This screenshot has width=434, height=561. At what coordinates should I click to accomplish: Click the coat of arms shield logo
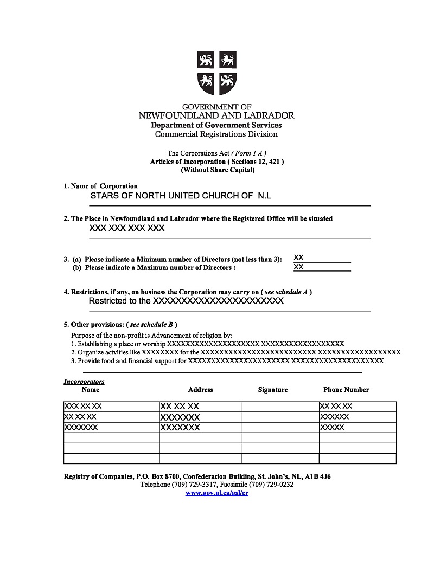pyautogui.click(x=216, y=73)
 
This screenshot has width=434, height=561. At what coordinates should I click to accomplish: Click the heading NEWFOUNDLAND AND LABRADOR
pyautogui.click(x=216, y=115)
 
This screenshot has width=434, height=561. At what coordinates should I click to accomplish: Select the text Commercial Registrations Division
pyautogui.click(x=216, y=134)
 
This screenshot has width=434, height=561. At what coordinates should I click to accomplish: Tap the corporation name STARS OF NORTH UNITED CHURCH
pyautogui.click(x=181, y=196)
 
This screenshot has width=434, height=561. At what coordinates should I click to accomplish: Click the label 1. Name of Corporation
pyautogui.click(x=101, y=186)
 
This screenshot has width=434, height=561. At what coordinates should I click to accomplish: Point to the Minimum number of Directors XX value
pyautogui.click(x=298, y=257)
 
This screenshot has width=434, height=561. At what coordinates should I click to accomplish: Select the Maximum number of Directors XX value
pyautogui.click(x=298, y=267)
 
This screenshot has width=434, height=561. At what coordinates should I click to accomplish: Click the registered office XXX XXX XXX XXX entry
pyautogui.click(x=126, y=229)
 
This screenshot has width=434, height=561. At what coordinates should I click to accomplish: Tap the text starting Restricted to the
pyautogui.click(x=186, y=301)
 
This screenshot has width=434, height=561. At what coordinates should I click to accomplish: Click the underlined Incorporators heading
pyautogui.click(x=84, y=382)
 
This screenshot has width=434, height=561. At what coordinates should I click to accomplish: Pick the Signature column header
pyautogui.click(x=273, y=390)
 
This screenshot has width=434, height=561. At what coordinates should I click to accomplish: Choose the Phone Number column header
pyautogui.click(x=346, y=390)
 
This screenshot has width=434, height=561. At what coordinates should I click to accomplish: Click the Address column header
pyautogui.click(x=200, y=390)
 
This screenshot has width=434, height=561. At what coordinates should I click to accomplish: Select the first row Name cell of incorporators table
pyautogui.click(x=111, y=407)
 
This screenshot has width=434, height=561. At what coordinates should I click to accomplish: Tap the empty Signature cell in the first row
pyautogui.click(x=280, y=407)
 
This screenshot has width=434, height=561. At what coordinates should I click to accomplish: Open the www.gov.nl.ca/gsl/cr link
pyautogui.click(x=216, y=493)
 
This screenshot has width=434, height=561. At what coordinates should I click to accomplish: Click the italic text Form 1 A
pyautogui.click(x=249, y=153)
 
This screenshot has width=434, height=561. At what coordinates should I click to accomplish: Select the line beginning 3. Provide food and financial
pyautogui.click(x=227, y=360)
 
